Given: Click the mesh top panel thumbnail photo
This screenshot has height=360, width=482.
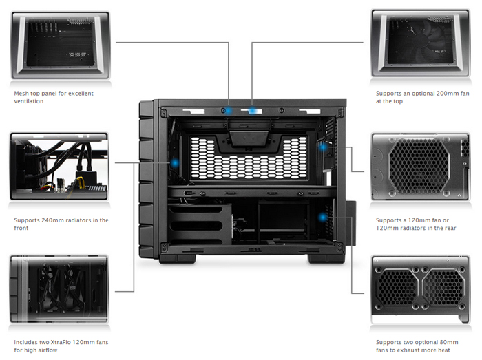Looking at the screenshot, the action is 61,45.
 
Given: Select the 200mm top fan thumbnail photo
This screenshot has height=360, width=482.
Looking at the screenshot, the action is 421,43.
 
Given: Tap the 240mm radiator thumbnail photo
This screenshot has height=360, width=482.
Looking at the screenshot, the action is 59,166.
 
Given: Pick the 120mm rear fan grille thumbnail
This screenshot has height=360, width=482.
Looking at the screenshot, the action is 421,167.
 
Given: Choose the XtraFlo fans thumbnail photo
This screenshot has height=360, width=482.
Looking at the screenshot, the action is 59,288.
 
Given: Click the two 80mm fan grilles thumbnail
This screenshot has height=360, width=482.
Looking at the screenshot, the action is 421,289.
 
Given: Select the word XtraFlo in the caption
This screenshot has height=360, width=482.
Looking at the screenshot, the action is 63,342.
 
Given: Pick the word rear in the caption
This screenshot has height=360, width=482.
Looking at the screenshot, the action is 450,228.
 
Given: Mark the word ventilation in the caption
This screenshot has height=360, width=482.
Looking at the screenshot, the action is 29,101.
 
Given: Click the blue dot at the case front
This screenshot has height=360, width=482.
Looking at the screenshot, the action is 175,163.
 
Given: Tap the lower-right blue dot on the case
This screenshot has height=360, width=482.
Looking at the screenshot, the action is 322,218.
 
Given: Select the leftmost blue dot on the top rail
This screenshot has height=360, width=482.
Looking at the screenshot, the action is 228,110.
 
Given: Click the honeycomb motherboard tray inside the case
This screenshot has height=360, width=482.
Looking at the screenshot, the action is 249,158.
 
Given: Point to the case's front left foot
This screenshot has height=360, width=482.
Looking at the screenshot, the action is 178,258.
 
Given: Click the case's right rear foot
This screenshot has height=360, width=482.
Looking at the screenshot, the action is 326,258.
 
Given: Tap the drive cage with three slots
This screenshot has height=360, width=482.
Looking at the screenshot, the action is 200,225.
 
